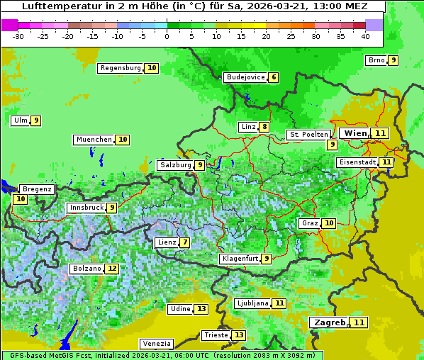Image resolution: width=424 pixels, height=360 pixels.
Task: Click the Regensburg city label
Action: click(120, 68)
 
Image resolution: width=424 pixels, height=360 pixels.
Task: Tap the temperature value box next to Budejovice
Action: click(274, 77)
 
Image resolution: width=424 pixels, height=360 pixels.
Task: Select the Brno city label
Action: click(376, 60)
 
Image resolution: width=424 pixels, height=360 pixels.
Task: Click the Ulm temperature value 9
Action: click(36, 120)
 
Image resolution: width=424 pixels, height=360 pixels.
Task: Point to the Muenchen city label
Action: click(94, 140)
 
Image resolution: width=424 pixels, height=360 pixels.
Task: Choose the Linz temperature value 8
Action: click(264, 128)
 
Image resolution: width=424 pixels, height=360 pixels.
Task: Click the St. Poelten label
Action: click(308, 134)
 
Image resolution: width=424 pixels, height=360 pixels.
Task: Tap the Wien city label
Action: click(355, 133)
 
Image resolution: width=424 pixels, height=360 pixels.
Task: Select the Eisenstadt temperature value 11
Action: click(386, 162)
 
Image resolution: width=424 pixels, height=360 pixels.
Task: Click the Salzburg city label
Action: click(175, 165)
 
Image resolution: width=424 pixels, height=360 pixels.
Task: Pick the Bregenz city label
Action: click(37, 189)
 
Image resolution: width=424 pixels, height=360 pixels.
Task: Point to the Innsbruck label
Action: click(86, 208)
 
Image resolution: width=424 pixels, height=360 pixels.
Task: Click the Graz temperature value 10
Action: click(329, 223)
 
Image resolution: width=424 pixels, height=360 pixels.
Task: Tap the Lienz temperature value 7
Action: click(185, 242)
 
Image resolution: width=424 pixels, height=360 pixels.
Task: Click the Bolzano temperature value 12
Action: click(112, 269)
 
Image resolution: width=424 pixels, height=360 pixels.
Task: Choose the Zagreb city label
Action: click(328, 322)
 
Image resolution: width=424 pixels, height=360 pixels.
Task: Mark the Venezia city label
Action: click(155, 343)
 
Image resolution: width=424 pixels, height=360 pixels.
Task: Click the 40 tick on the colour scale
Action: click(365, 36)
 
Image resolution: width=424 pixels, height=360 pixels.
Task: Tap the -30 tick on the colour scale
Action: click(18, 36)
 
